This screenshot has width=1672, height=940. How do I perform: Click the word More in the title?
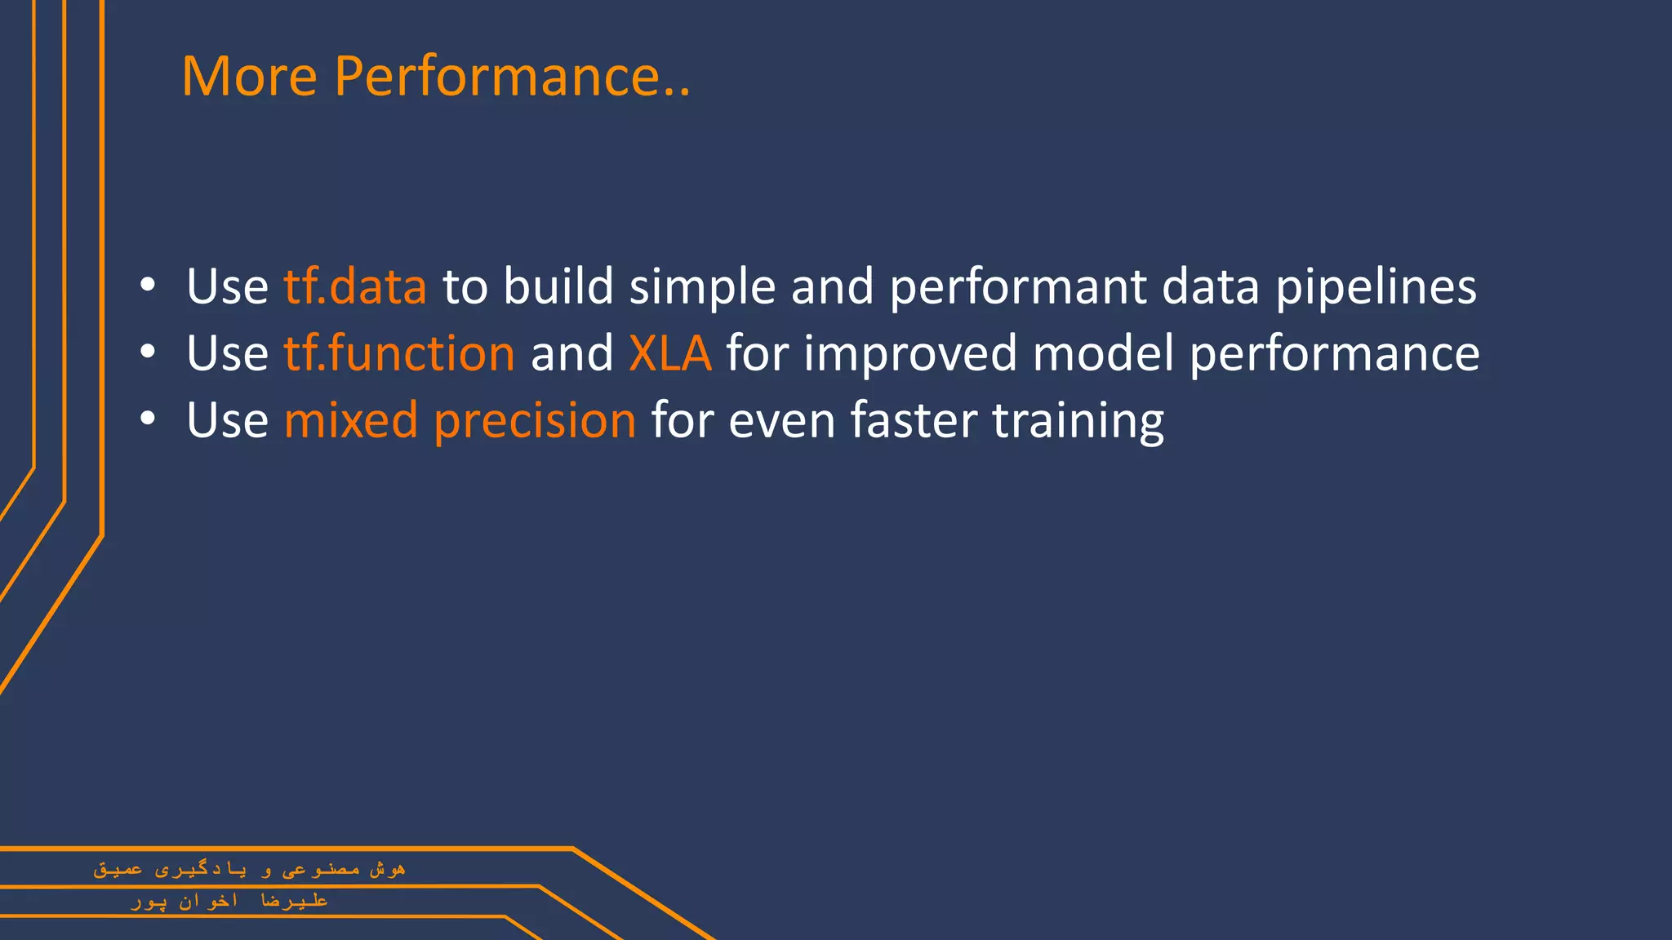249,76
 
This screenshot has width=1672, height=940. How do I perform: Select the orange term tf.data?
355,286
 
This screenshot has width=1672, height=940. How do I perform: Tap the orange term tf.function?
399,353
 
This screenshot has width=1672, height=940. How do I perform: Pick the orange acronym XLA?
670,353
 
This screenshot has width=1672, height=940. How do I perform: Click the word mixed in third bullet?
351,420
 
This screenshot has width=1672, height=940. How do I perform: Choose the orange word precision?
535,422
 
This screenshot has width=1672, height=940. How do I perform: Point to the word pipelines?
1376,288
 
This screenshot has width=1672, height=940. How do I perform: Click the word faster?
913,420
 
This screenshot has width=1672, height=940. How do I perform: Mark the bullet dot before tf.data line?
147,286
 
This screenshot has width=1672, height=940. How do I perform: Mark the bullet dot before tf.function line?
147,352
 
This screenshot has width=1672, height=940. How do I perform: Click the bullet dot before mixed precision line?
147,419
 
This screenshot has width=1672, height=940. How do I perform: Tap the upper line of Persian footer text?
249,869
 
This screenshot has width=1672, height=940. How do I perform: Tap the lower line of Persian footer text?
229,901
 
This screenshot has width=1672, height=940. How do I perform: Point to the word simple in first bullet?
702,288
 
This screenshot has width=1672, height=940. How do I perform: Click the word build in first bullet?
558,286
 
